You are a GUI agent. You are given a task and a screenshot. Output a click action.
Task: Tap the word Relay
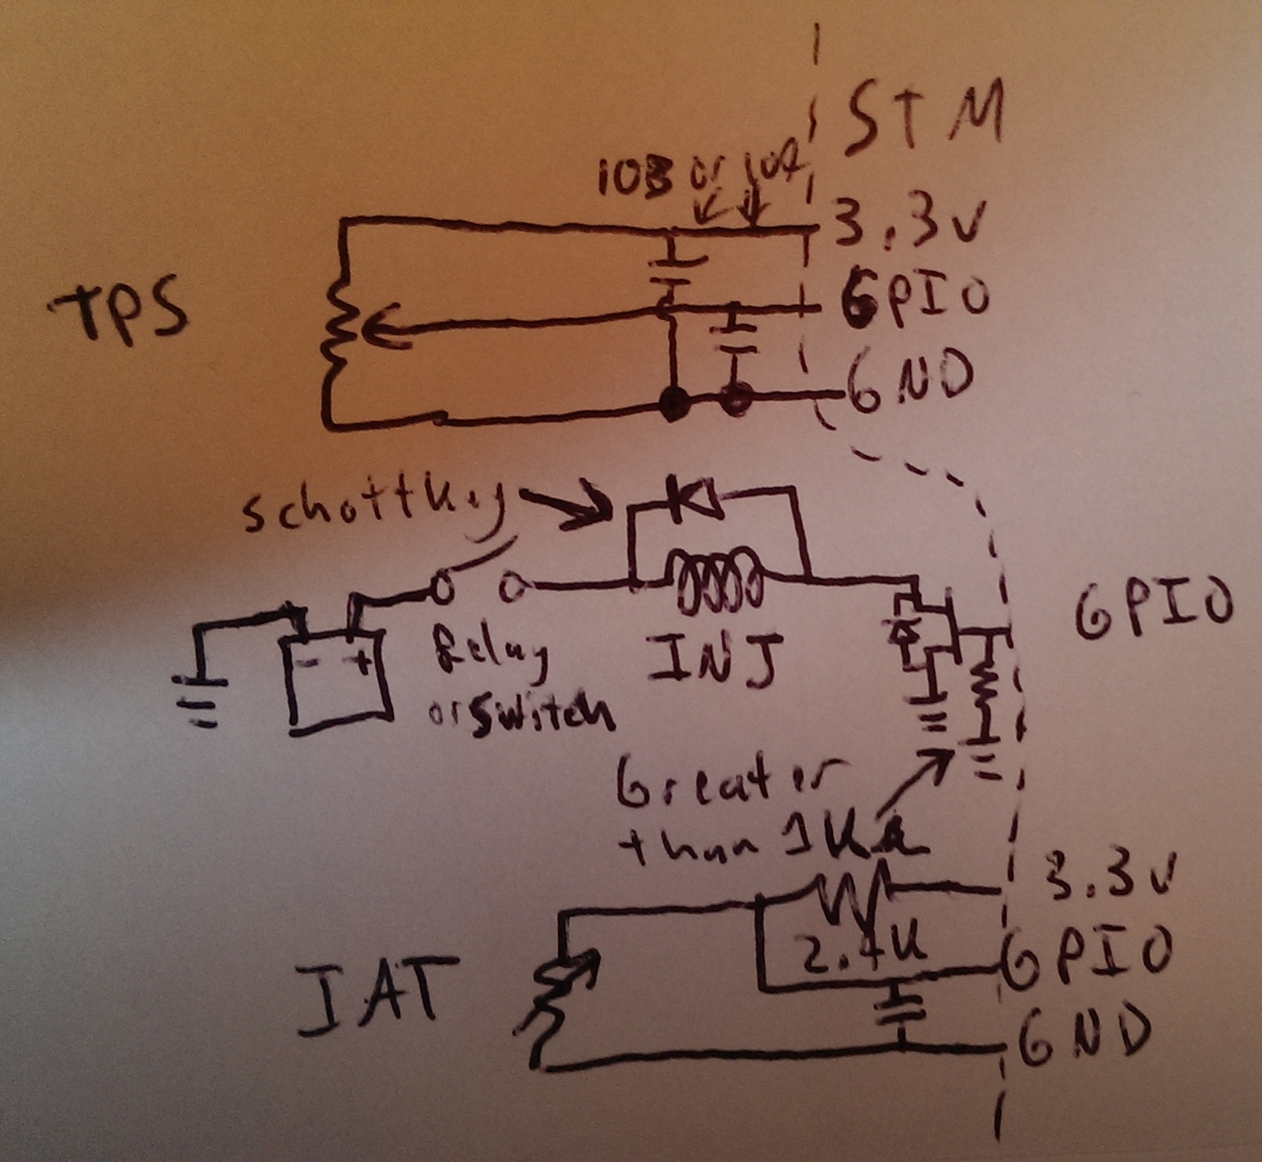[x=490, y=657]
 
